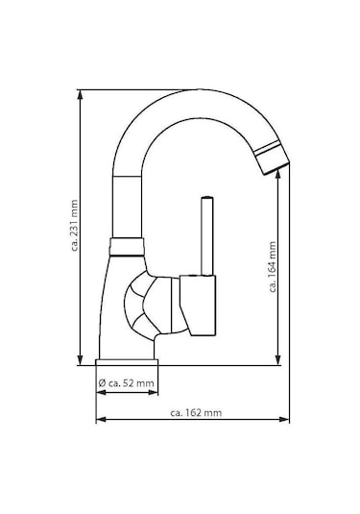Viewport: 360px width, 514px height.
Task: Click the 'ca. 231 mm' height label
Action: tap(74, 228)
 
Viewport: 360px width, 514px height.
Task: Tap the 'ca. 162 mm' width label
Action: tap(195, 413)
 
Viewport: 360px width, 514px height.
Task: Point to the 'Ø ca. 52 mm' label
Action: tap(126, 384)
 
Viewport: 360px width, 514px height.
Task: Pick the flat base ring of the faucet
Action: tap(126, 362)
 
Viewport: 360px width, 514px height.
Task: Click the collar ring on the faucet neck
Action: tap(126, 246)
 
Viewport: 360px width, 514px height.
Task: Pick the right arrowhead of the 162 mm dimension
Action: tap(285, 421)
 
